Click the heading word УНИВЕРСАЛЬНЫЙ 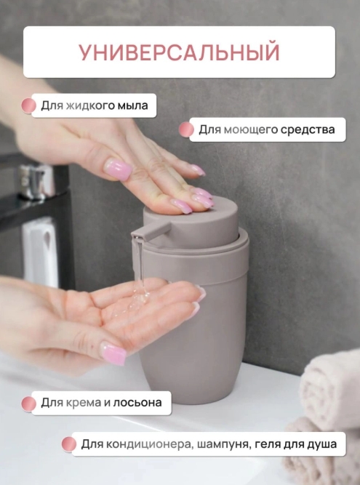pyautogui.click(x=179, y=52)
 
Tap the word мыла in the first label pyautogui.click(x=133, y=106)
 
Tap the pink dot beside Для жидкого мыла pyautogui.click(x=28, y=106)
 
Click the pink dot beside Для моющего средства pyautogui.click(x=186, y=130)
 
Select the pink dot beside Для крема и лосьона pyautogui.click(x=28, y=403)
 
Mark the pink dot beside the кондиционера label pyautogui.click(x=68, y=444)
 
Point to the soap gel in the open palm pyautogui.click(x=143, y=297)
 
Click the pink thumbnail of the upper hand pyautogui.click(x=118, y=169)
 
